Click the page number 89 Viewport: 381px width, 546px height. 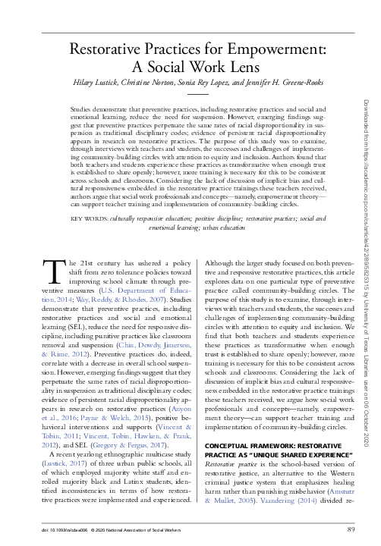[351, 528]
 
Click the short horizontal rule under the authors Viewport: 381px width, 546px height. [197, 95]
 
